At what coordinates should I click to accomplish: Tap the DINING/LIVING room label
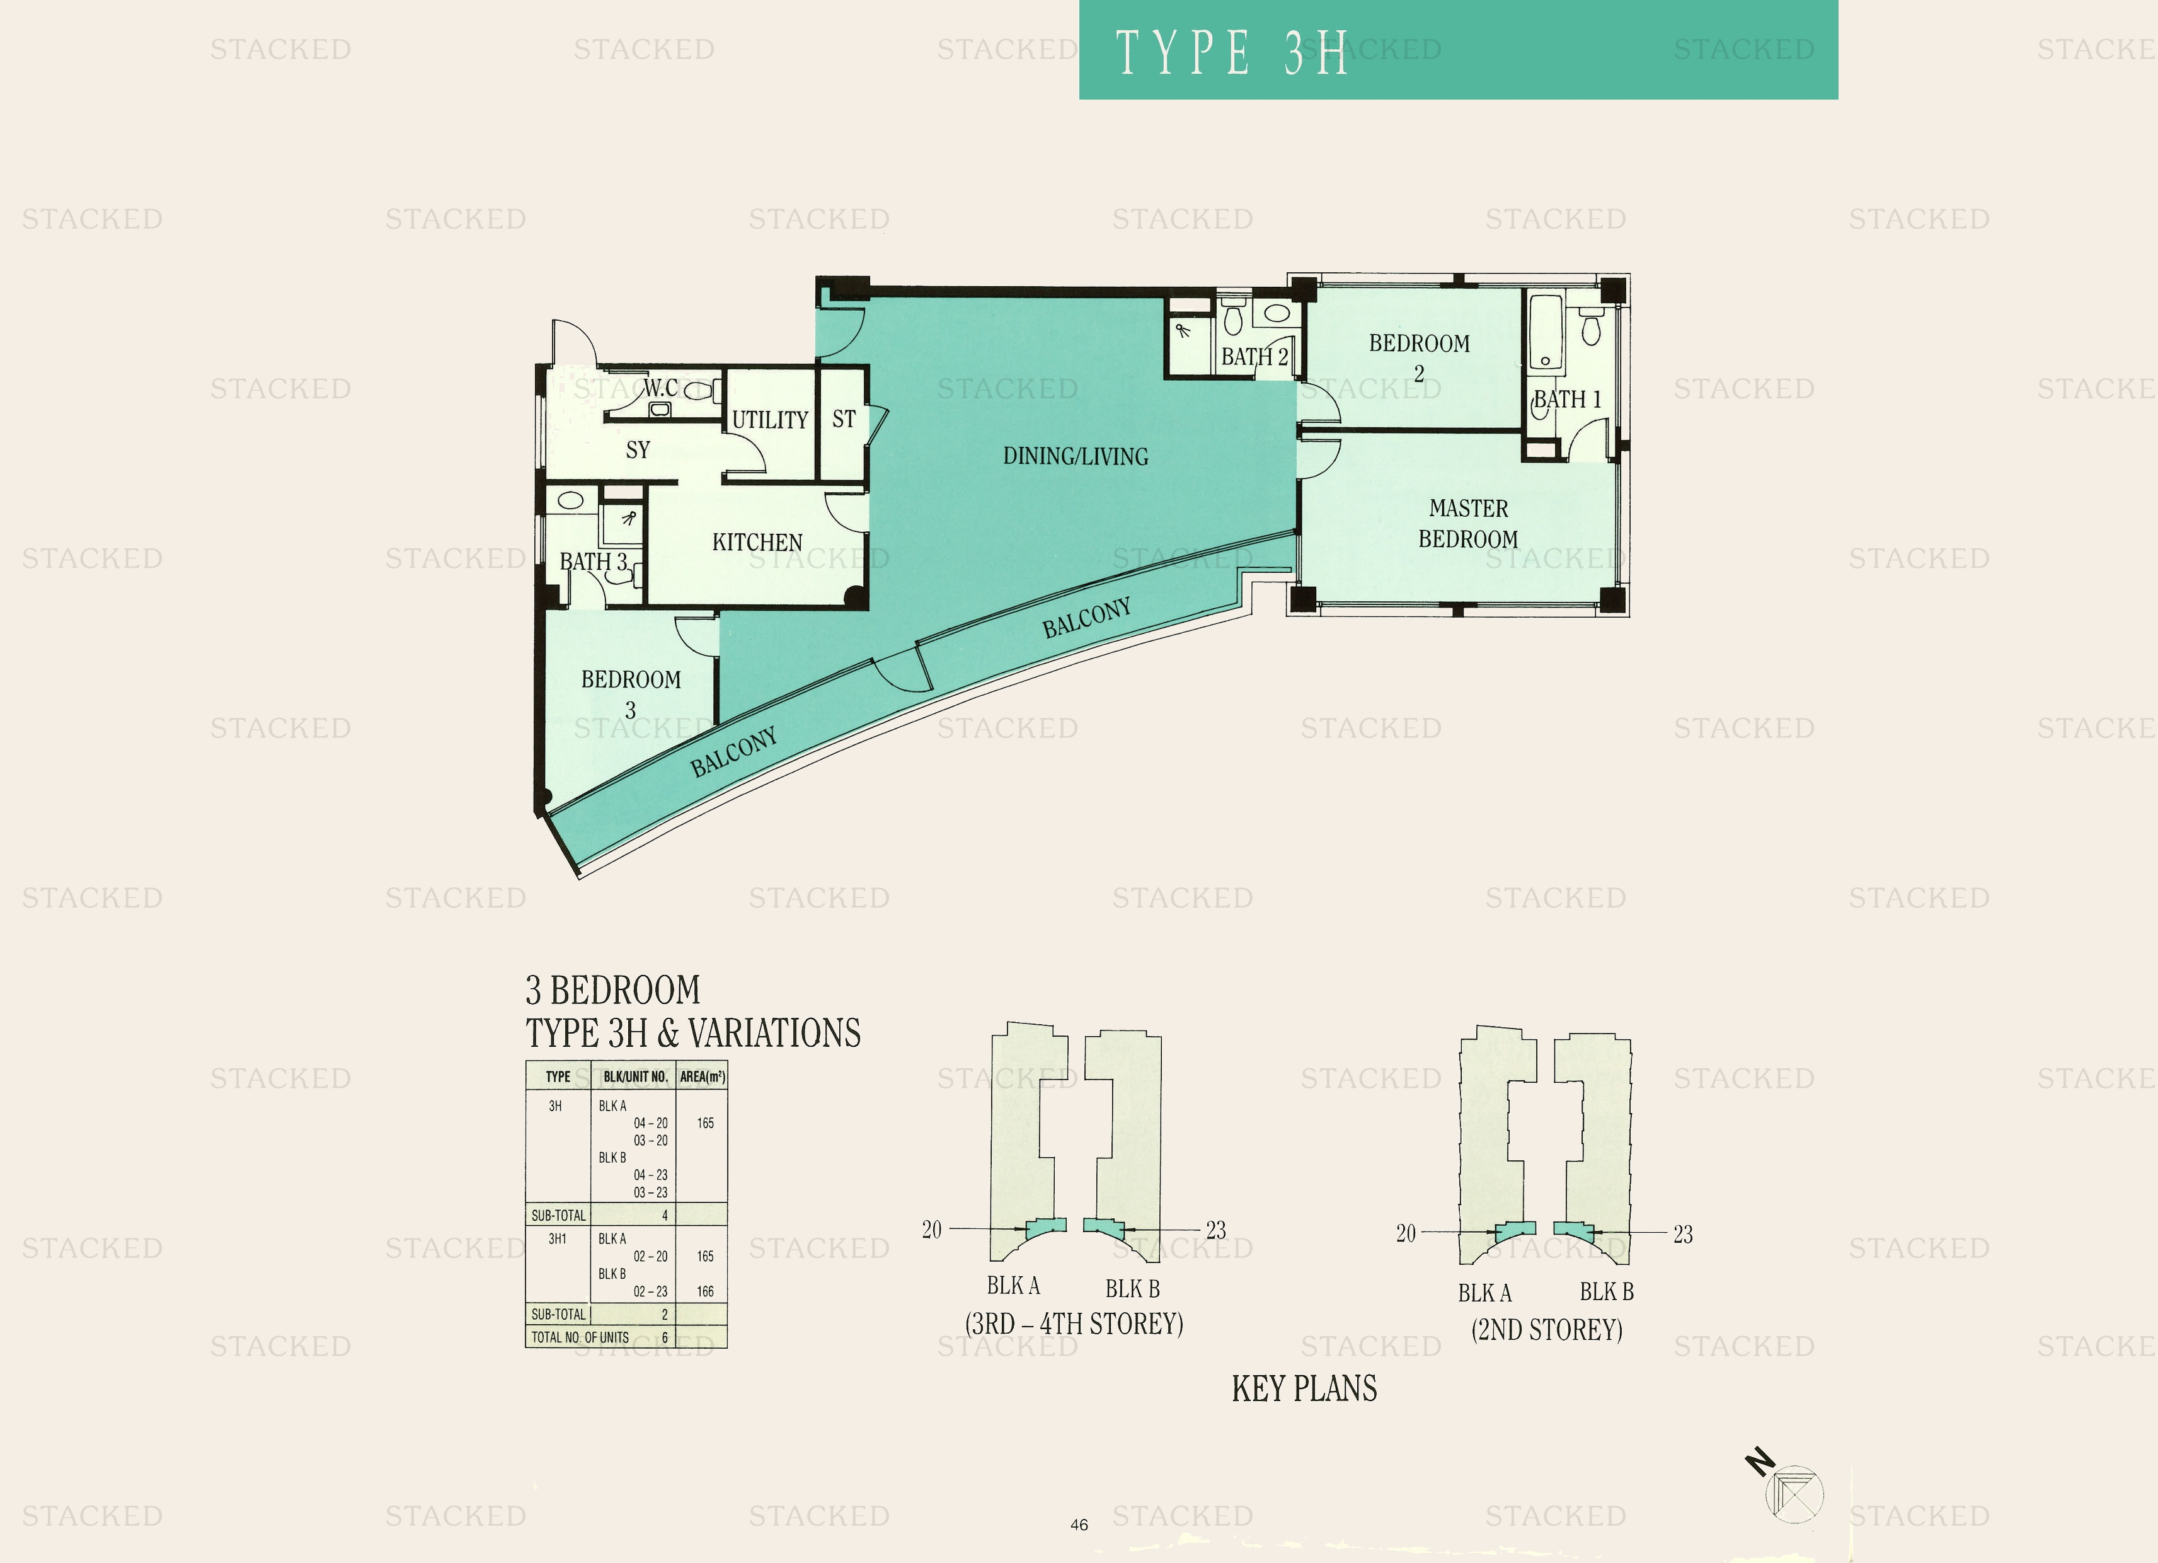pos(1075,457)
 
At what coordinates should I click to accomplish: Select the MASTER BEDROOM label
pos(1468,524)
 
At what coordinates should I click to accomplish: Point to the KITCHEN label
pos(757,543)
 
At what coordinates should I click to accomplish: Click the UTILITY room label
pos(770,420)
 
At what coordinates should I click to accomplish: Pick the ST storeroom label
pos(843,419)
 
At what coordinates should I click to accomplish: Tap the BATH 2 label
pos(1254,357)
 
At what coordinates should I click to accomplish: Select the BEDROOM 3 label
pos(631,694)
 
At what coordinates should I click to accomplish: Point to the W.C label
pos(660,388)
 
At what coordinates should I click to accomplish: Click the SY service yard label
pos(638,450)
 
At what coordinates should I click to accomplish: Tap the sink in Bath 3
pos(571,500)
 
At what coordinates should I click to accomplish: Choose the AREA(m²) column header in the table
pos(702,1076)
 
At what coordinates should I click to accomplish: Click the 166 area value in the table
pos(705,1292)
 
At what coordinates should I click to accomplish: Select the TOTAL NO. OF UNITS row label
pos(580,1337)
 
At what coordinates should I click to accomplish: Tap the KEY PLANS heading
pos(1304,1389)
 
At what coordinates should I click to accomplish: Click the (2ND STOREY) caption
pos(1546,1330)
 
